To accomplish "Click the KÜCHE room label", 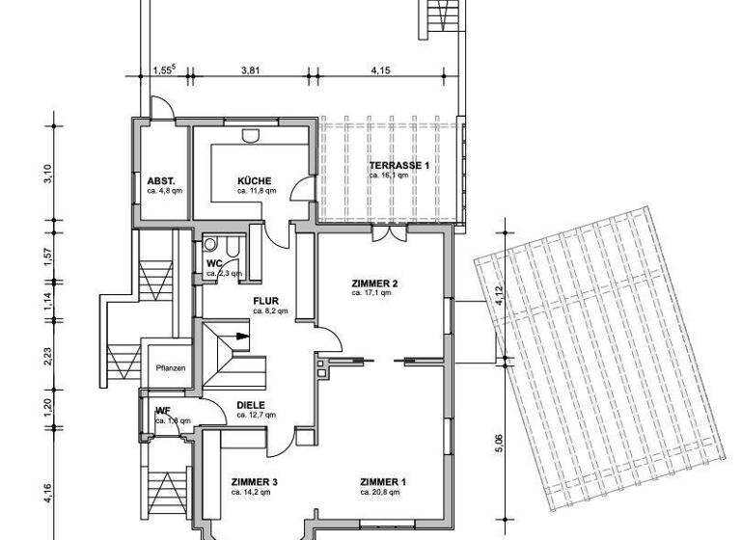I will pos(255,180).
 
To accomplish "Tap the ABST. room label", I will pos(160,180).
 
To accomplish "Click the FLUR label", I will pos(266,301).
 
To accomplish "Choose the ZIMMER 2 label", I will pos(374,283).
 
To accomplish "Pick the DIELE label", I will pos(251,405).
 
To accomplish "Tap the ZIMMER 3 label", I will pos(255,481).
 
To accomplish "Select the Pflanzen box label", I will pos(170,367).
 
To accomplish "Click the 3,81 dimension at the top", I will pos(250,69).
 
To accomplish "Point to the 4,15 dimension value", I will pos(380,69).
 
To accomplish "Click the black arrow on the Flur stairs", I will pos(239,337).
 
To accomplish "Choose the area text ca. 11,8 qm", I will pos(255,191).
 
